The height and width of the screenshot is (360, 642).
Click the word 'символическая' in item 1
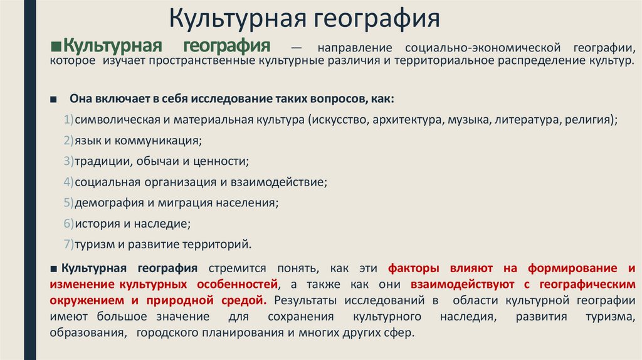(110, 120)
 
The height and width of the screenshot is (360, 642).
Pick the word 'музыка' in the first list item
(468, 120)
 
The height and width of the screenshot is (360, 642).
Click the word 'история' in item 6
(96, 223)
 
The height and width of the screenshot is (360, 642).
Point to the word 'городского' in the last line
(166, 334)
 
